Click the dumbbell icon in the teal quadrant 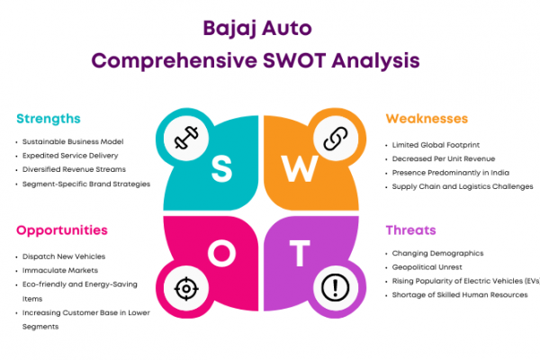pyautogui.click(x=186, y=138)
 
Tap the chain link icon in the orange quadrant pyautogui.click(x=336, y=138)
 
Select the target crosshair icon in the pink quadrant pyautogui.click(x=186, y=289)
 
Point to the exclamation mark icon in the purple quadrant pyautogui.click(x=336, y=288)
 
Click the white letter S pyautogui.click(x=221, y=168)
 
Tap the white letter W pyautogui.click(x=300, y=168)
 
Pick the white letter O pyautogui.click(x=221, y=253)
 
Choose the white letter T pyautogui.click(x=300, y=254)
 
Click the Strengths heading pyautogui.click(x=49, y=119)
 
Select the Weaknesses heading pyautogui.click(x=427, y=119)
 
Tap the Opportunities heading pyautogui.click(x=62, y=230)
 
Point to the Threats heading pyautogui.click(x=411, y=230)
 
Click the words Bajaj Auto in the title pyautogui.click(x=257, y=28)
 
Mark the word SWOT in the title pyautogui.click(x=294, y=60)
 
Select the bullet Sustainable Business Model pyautogui.click(x=73, y=141)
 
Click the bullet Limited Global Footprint pyautogui.click(x=436, y=145)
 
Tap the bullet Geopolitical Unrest pyautogui.click(x=427, y=267)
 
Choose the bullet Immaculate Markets pyautogui.click(x=60, y=270)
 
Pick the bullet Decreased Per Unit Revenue pyautogui.click(x=444, y=158)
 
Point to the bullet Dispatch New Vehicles pyautogui.click(x=64, y=256)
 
